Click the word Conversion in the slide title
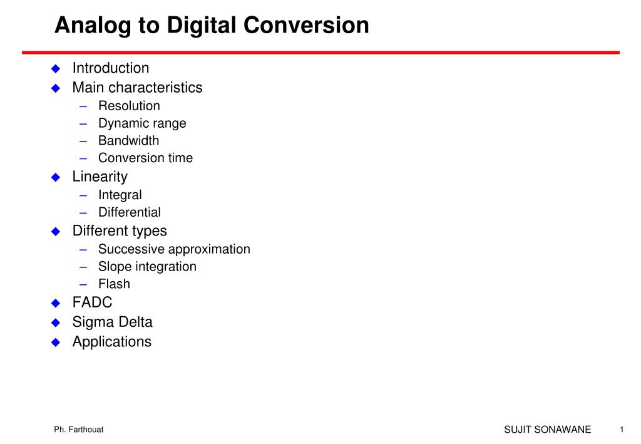click(x=307, y=26)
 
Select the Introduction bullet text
click(x=111, y=68)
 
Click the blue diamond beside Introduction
click(x=55, y=68)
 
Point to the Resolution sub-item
click(x=129, y=106)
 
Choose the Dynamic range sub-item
click(x=142, y=123)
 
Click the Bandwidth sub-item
click(x=128, y=140)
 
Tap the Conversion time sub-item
click(x=145, y=158)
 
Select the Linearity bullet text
click(x=100, y=177)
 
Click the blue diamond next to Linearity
click(x=55, y=177)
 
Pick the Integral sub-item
click(x=120, y=195)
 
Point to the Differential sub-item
click(x=129, y=212)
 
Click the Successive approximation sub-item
click(x=174, y=249)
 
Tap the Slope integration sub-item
click(x=147, y=267)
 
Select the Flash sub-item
click(x=114, y=284)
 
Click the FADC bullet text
click(x=92, y=303)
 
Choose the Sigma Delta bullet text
click(x=112, y=323)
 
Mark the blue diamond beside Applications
click(x=55, y=343)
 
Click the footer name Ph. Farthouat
click(x=78, y=430)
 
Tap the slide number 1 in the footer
click(x=622, y=430)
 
